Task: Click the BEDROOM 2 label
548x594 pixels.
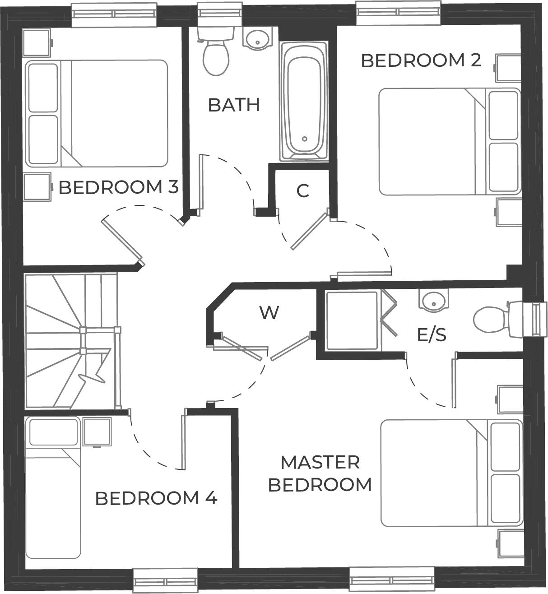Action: point(421,60)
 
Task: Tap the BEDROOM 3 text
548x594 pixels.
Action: point(119,187)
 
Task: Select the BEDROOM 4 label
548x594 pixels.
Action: point(156,498)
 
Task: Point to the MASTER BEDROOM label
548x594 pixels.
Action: point(320,473)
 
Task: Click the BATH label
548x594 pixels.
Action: point(234,105)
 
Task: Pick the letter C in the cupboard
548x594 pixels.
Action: point(302,191)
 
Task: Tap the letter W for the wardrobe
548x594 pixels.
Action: point(269,312)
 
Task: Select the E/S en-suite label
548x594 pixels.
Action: point(432,335)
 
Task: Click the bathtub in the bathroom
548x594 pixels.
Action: point(304,101)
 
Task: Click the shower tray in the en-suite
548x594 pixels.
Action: point(352,320)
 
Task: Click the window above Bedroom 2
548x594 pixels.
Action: point(398,13)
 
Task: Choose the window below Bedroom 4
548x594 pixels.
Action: point(165,580)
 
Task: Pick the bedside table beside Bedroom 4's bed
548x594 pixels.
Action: point(97,432)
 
